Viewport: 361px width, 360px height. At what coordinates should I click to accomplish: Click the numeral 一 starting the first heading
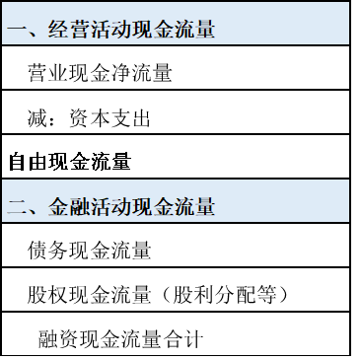pyautogui.click(x=17, y=31)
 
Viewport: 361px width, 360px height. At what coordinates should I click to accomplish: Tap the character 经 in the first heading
pyautogui.click(x=58, y=31)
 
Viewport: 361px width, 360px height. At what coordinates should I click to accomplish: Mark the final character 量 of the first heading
pyautogui.click(x=205, y=31)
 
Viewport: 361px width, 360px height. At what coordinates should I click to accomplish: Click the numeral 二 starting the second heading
pyautogui.click(x=17, y=208)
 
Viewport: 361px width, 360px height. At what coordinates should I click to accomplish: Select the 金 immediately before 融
pyautogui.click(x=58, y=208)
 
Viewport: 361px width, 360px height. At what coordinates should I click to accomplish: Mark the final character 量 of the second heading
pyautogui.click(x=205, y=208)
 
